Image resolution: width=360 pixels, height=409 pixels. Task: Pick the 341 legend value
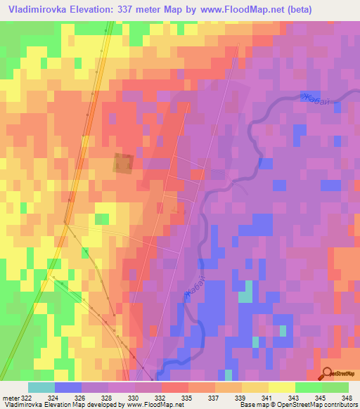[x=255, y=397]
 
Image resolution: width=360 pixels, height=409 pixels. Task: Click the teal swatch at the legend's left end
[x=41, y=387]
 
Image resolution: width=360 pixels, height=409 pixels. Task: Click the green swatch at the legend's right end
[x=335, y=387]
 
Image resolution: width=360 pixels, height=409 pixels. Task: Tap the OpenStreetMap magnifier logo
[x=327, y=374]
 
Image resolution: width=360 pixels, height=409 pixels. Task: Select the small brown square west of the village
[x=123, y=163]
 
